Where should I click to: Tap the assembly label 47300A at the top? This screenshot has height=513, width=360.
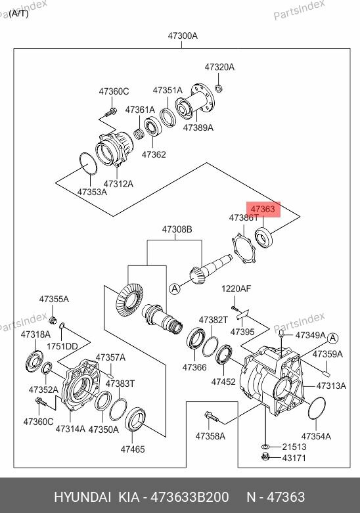(x=183, y=36)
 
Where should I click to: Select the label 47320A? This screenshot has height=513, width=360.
(x=219, y=67)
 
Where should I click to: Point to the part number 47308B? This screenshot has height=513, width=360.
(x=177, y=229)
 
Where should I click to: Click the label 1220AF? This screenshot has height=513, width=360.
(x=236, y=289)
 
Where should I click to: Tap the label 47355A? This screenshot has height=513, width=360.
(x=53, y=299)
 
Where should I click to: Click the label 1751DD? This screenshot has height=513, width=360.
(x=62, y=346)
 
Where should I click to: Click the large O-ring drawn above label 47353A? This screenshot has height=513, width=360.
(x=85, y=165)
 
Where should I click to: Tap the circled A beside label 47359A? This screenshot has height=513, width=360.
(x=332, y=338)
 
